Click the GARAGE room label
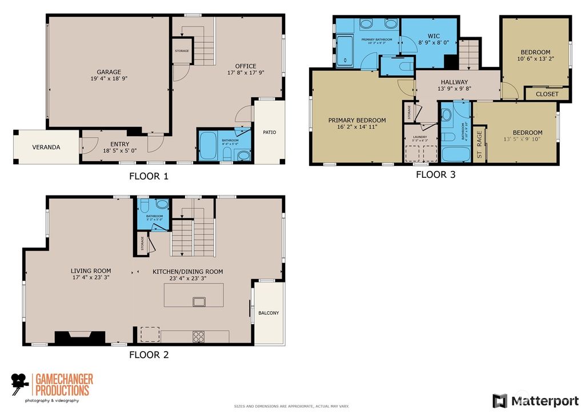point(109,72)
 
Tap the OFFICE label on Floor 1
point(246,66)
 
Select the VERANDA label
point(46,147)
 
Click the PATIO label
point(269,133)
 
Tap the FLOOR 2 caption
point(149,355)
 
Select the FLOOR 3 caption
point(435,174)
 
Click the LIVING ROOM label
point(91,271)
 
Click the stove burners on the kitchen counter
point(198,337)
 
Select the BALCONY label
point(269,313)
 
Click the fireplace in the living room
point(79,337)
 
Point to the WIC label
point(433,35)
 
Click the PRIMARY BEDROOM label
point(356,121)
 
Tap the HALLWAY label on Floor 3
point(454,82)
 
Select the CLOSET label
point(547,94)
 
